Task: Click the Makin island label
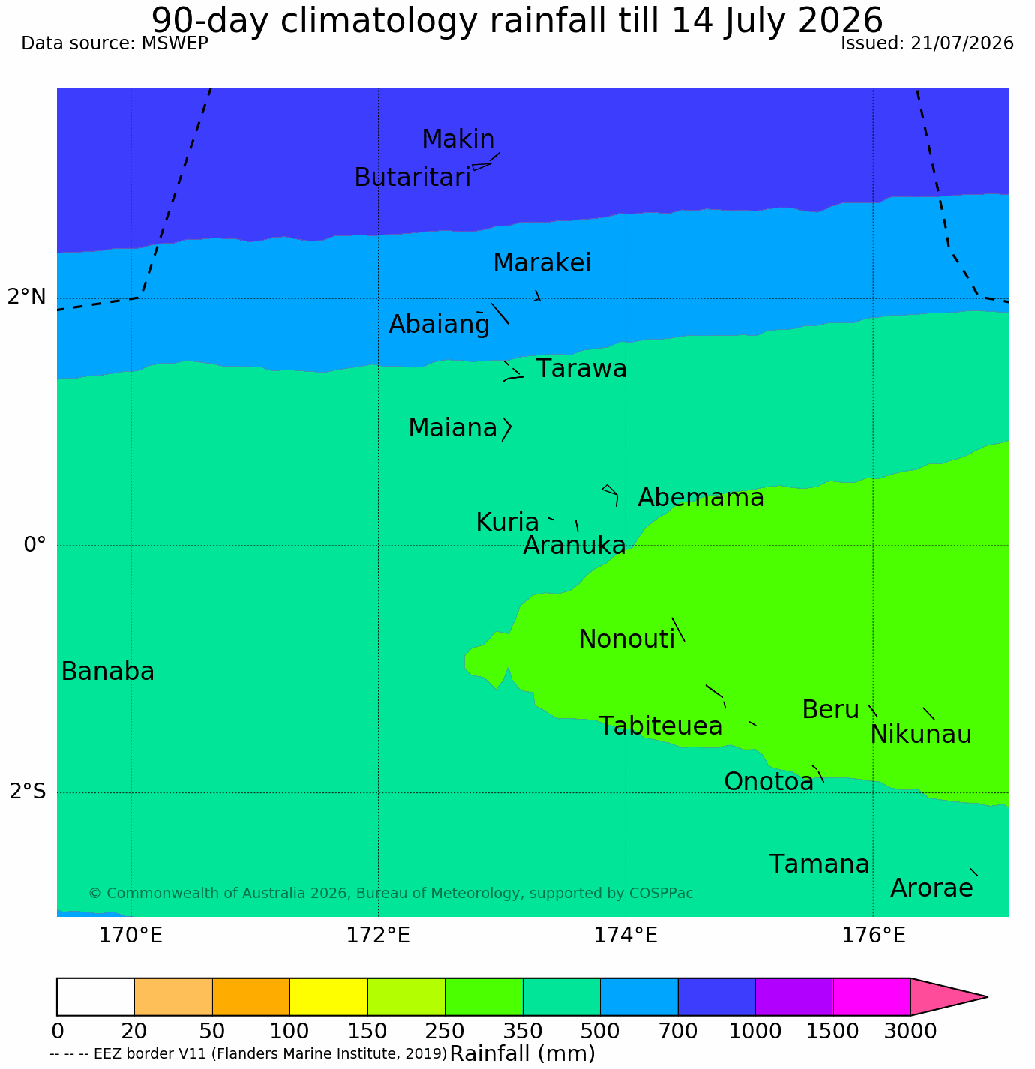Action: pos(457,139)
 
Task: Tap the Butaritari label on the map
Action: pos(412,178)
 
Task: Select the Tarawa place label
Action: pos(581,369)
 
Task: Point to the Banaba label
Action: pos(108,671)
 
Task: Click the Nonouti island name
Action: pos(626,639)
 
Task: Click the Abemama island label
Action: pos(700,498)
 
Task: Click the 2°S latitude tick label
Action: pos(28,792)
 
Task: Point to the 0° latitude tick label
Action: pos(34,545)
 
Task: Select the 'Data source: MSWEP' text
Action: pos(114,43)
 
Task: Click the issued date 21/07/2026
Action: pos(962,43)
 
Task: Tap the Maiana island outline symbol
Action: pos(507,430)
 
